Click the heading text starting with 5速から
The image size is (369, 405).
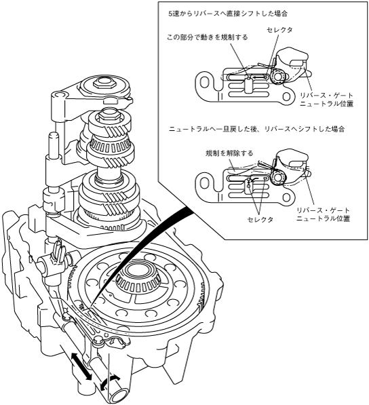coord(228,14)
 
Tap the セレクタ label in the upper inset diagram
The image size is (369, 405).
coord(279,30)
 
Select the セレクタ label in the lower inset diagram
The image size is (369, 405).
coord(260,220)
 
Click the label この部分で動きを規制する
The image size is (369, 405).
coord(208,37)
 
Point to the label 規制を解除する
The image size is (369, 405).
coord(229,153)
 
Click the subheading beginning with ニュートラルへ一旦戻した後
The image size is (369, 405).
coord(256,129)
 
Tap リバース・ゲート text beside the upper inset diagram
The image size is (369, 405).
coord(326,96)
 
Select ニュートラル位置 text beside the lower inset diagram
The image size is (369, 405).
coord(323,218)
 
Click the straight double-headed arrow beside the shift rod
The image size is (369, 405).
coord(81,366)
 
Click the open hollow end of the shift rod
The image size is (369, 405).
coord(119,396)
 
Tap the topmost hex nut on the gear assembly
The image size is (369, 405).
coord(104,83)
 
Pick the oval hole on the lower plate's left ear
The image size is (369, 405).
coord(206,183)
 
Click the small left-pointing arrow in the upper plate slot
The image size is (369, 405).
coord(259,77)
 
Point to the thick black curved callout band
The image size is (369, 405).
coord(140,250)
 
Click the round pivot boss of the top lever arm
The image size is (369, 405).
coord(58,96)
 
